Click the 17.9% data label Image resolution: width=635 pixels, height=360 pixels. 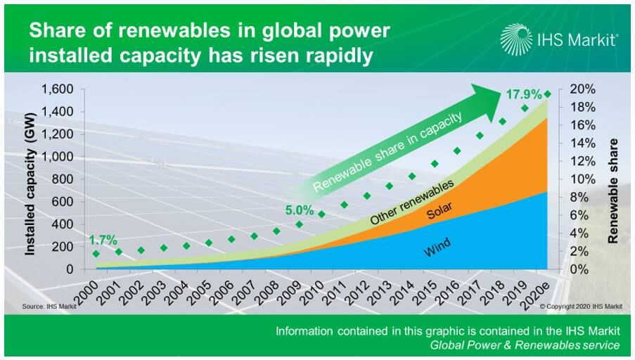pos(524,94)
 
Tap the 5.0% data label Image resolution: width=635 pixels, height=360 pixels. pos(300,210)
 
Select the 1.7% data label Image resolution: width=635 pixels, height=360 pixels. pos(103,240)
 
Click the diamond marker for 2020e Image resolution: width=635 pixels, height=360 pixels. pos(548,94)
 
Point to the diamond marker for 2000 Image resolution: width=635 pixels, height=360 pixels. pos(96,254)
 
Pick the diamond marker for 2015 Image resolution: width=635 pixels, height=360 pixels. pos(435,164)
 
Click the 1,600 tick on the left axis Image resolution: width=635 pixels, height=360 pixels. pos(57,89)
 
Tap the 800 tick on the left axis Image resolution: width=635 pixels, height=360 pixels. pos(63,179)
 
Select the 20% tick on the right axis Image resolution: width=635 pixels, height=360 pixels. pos(583,89)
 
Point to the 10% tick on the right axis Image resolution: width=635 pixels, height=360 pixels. pos(583,179)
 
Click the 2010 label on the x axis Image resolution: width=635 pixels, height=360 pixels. pos(313,292)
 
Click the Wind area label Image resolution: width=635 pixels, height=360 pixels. pos(437,247)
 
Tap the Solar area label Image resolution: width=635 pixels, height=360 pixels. pos(440,210)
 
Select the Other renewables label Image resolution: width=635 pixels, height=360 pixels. pos(412,202)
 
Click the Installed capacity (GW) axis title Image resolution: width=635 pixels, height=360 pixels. pos(30,184)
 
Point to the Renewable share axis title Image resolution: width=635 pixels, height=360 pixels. pos(613,191)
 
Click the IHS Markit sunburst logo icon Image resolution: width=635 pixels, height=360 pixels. pos(516,39)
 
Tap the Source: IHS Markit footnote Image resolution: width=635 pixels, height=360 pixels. pos(49,307)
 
